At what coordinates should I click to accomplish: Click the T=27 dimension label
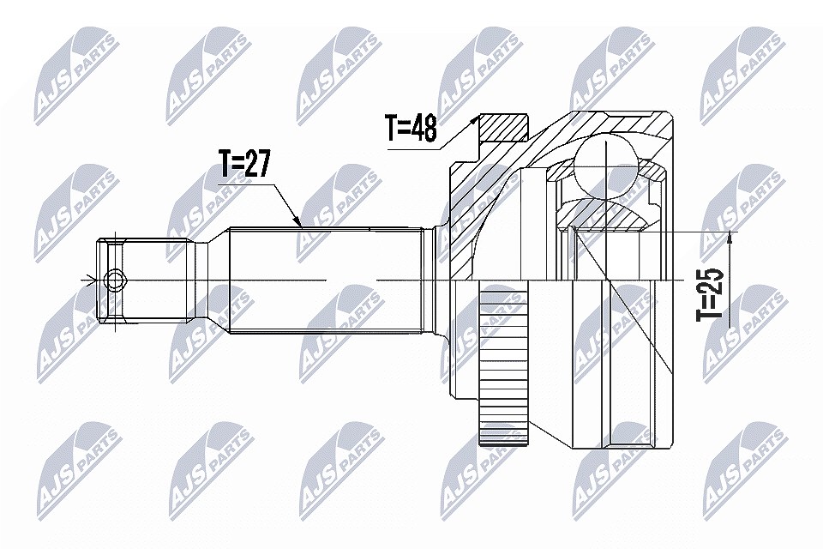tap(244, 165)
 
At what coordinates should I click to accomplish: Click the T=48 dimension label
tap(411, 128)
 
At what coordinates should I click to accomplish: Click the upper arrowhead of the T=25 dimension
tap(729, 238)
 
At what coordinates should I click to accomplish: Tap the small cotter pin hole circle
tap(114, 281)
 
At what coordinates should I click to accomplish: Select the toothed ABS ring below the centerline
tap(503, 365)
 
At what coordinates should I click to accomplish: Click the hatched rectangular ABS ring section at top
tap(503, 128)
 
